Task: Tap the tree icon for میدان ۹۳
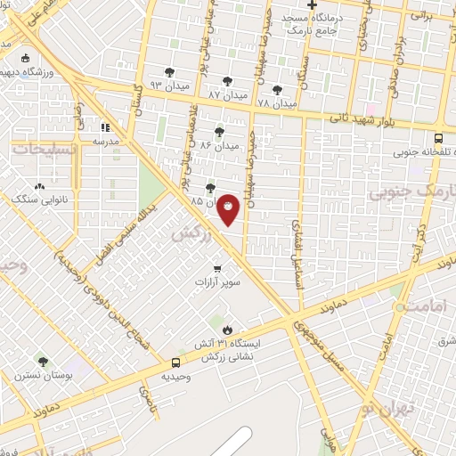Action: [170, 73]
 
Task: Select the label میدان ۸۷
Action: [226, 94]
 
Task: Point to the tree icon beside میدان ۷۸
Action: [277, 90]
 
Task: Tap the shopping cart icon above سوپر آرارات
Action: [217, 268]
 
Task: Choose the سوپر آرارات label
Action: [218, 282]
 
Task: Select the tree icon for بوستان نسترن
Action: [43, 361]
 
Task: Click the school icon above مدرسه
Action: [105, 127]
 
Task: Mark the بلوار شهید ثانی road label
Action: [362, 116]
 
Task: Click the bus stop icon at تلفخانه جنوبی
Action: [438, 138]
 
